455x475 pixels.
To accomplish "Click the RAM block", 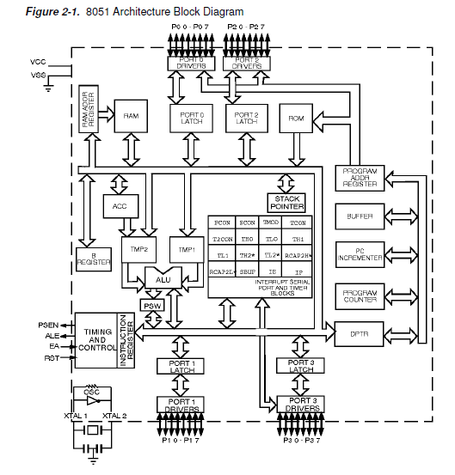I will [x=131, y=116].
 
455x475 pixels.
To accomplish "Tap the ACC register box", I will [x=120, y=206].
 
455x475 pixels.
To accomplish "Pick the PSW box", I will [x=152, y=306].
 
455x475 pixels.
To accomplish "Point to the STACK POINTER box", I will [x=286, y=202].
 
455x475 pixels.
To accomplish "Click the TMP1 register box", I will [x=187, y=250].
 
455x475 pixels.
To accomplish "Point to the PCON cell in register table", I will [x=222, y=222].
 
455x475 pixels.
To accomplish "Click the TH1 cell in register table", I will [x=298, y=239].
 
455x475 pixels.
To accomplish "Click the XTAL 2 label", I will [x=114, y=416].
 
